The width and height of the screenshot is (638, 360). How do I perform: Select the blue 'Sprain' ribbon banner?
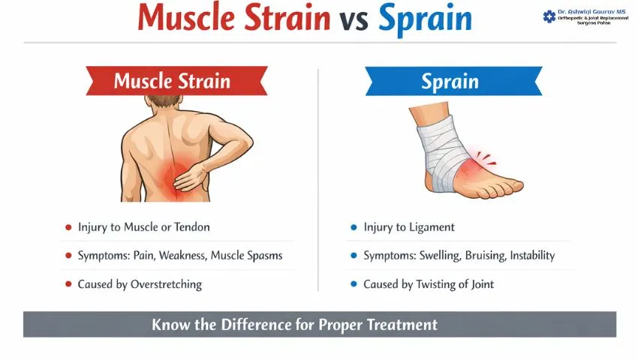pyautogui.click(x=453, y=81)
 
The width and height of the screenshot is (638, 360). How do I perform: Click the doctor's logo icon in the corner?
pyautogui.click(x=549, y=16)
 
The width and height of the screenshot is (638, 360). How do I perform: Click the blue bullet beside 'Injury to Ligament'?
pyautogui.click(x=354, y=226)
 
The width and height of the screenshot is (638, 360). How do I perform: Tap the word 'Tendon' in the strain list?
pyautogui.click(x=191, y=226)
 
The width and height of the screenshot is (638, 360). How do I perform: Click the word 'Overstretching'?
pyautogui.click(x=164, y=284)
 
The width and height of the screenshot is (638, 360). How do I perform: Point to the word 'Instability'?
pyautogui.click(x=532, y=255)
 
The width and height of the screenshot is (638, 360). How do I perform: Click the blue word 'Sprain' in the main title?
pyautogui.click(x=425, y=18)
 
